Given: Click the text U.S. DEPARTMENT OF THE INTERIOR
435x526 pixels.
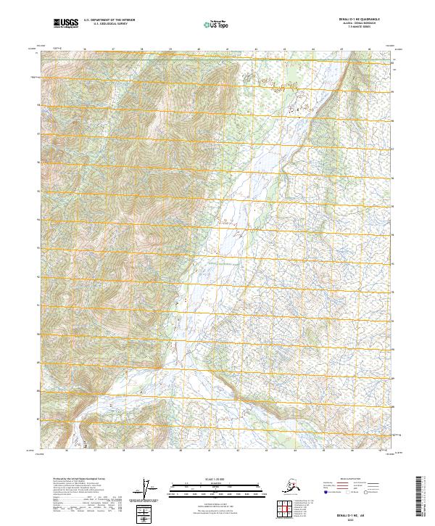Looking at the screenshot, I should point(106,22).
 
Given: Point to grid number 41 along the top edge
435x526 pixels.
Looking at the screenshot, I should point(227,49).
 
